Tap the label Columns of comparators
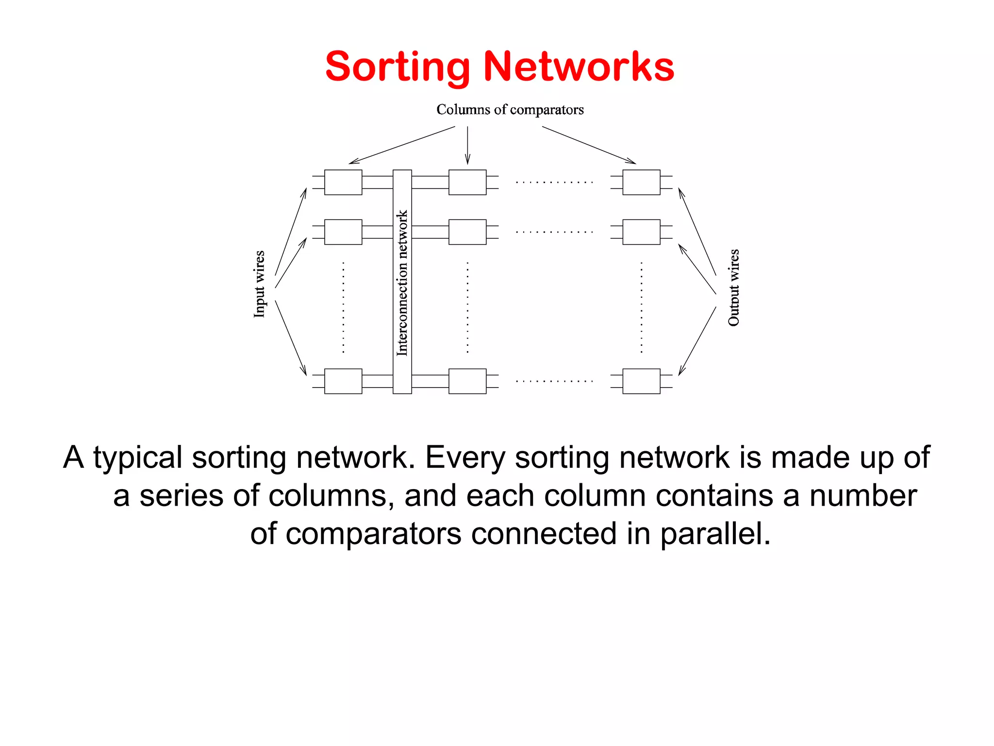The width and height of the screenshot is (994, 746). [510, 110]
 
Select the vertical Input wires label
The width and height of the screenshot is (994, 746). [259, 284]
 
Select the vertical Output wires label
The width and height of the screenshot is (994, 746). [733, 287]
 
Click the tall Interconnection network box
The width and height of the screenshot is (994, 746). [402, 282]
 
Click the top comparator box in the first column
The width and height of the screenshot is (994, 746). [343, 182]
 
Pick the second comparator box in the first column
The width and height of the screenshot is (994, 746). [343, 232]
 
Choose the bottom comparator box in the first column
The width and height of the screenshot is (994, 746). [343, 381]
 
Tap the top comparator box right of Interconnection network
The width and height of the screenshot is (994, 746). [467, 182]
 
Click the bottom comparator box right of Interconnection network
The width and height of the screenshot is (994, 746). [467, 381]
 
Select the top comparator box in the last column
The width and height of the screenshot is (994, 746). [641, 182]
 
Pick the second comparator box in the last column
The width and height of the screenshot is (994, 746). [641, 232]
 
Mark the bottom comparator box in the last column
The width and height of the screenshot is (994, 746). [641, 381]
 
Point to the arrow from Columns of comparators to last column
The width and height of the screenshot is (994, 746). [589, 145]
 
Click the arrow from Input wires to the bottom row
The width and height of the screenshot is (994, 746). [291, 338]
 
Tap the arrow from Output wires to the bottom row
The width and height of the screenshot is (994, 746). [697, 341]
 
